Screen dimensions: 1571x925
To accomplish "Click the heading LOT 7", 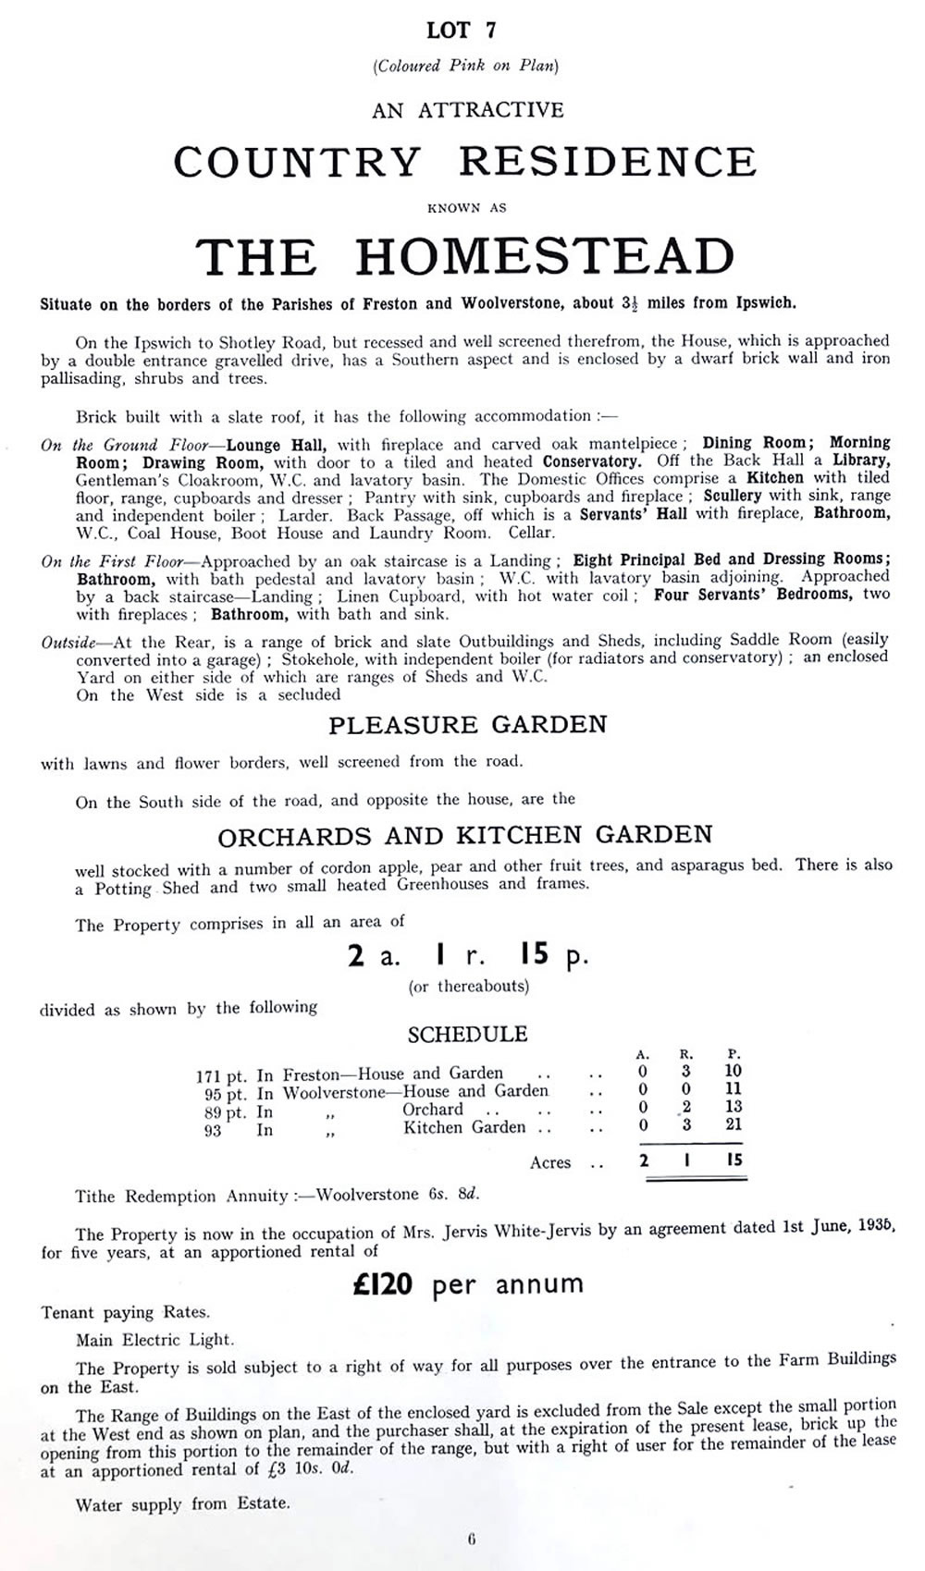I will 462,31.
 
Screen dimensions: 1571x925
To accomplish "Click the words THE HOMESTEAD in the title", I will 465,256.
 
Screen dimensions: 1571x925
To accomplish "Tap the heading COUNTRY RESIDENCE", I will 465,162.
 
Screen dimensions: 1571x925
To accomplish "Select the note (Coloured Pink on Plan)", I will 465,66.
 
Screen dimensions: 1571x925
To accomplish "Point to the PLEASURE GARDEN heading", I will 467,724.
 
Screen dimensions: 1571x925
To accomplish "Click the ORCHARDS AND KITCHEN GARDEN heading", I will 465,835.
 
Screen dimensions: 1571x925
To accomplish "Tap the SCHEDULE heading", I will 467,1034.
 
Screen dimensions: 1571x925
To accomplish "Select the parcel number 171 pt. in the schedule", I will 221,1075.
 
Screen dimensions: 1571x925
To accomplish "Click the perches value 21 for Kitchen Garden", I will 734,1124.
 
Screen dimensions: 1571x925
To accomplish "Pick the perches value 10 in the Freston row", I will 734,1072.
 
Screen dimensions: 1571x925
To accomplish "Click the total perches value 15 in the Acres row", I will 734,1160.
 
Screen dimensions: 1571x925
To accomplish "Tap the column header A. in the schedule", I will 643,1054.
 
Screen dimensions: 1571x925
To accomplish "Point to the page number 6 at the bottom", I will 471,1540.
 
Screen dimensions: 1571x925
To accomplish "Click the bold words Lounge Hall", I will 276,445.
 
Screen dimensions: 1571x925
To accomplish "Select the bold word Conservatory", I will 591,461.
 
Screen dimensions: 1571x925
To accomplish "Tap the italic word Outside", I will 68,641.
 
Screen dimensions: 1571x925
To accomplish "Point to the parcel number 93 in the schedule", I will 213,1130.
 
